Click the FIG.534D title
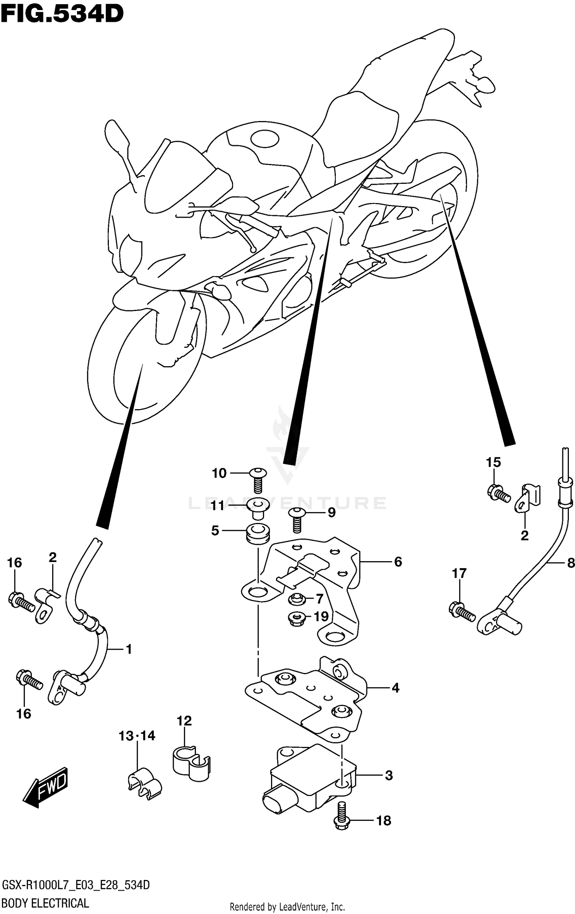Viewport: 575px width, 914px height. click(62, 14)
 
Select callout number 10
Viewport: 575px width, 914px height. click(219, 473)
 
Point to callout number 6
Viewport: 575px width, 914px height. click(398, 562)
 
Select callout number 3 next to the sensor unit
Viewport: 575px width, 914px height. click(389, 776)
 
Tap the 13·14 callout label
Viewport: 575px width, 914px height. click(137, 735)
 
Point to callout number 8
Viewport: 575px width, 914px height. click(570, 563)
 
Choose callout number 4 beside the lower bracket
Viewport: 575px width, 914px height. click(396, 688)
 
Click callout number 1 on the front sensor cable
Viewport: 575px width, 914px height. click(129, 649)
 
